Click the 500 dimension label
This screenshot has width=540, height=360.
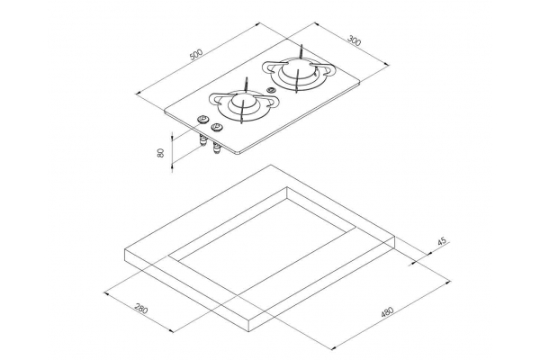click(196, 54)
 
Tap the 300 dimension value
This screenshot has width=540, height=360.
click(354, 40)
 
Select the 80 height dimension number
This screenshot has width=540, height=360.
click(160, 153)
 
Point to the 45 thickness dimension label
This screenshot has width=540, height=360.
click(442, 241)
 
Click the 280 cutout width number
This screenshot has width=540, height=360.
click(141, 308)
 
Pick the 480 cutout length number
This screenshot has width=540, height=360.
click(387, 311)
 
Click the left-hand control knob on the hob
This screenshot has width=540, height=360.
click(202, 120)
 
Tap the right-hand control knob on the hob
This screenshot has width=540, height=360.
click(217, 128)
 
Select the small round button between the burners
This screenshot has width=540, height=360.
click(272, 91)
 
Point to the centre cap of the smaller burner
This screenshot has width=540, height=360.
click(243, 101)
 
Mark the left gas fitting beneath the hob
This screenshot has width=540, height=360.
click(202, 140)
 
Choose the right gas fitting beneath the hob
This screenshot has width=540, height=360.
click(217, 148)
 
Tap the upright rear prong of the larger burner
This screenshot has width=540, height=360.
click(301, 51)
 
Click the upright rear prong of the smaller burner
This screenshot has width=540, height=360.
click(246, 85)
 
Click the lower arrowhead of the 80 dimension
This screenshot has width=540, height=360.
click(172, 166)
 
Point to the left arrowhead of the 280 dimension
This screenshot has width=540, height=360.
click(107, 294)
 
